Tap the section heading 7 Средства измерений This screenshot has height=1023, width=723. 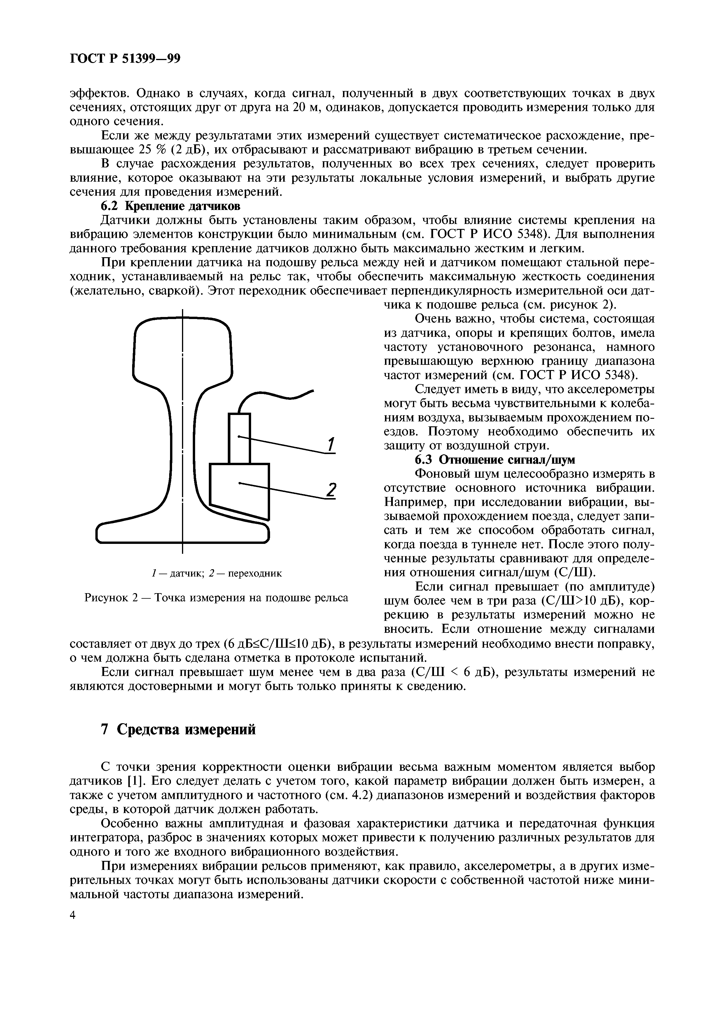coord(178,729)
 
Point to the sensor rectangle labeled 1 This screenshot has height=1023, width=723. coord(239,438)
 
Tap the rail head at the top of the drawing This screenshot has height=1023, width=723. coord(183,348)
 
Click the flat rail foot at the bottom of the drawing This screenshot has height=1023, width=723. coord(183,533)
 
